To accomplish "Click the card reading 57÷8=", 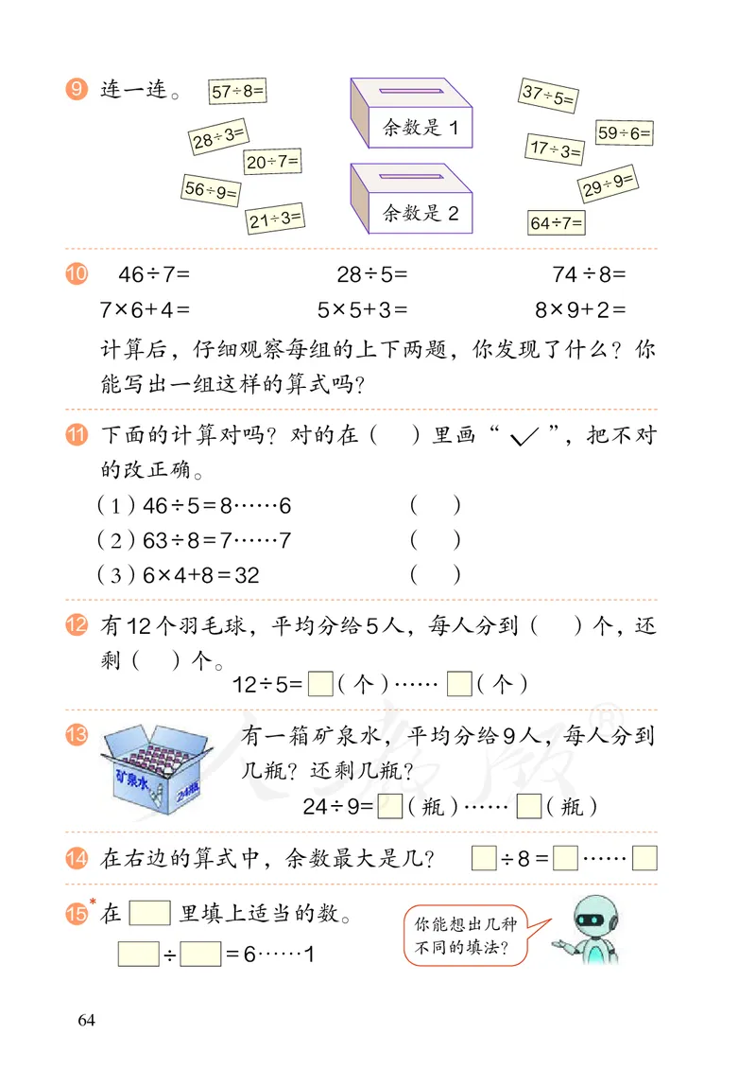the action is pos(238,92).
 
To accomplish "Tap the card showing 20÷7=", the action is pos(272,162).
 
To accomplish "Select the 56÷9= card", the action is pos(210,190).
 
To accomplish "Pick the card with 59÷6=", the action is pos(624,133).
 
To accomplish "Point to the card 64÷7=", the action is pos(557,223).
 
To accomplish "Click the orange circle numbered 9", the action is pos(77,91).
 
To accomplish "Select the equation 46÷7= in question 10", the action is pos(154,275).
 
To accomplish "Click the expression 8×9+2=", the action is pos(580,308).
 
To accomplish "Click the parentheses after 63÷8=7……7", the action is pos(436,539).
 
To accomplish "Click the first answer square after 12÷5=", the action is pos(320,682).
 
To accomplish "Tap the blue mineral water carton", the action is pos(157,763).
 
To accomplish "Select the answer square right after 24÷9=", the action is pos(388,806).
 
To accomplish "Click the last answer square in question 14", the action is pos(644,859).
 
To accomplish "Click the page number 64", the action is pos(87,1019).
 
